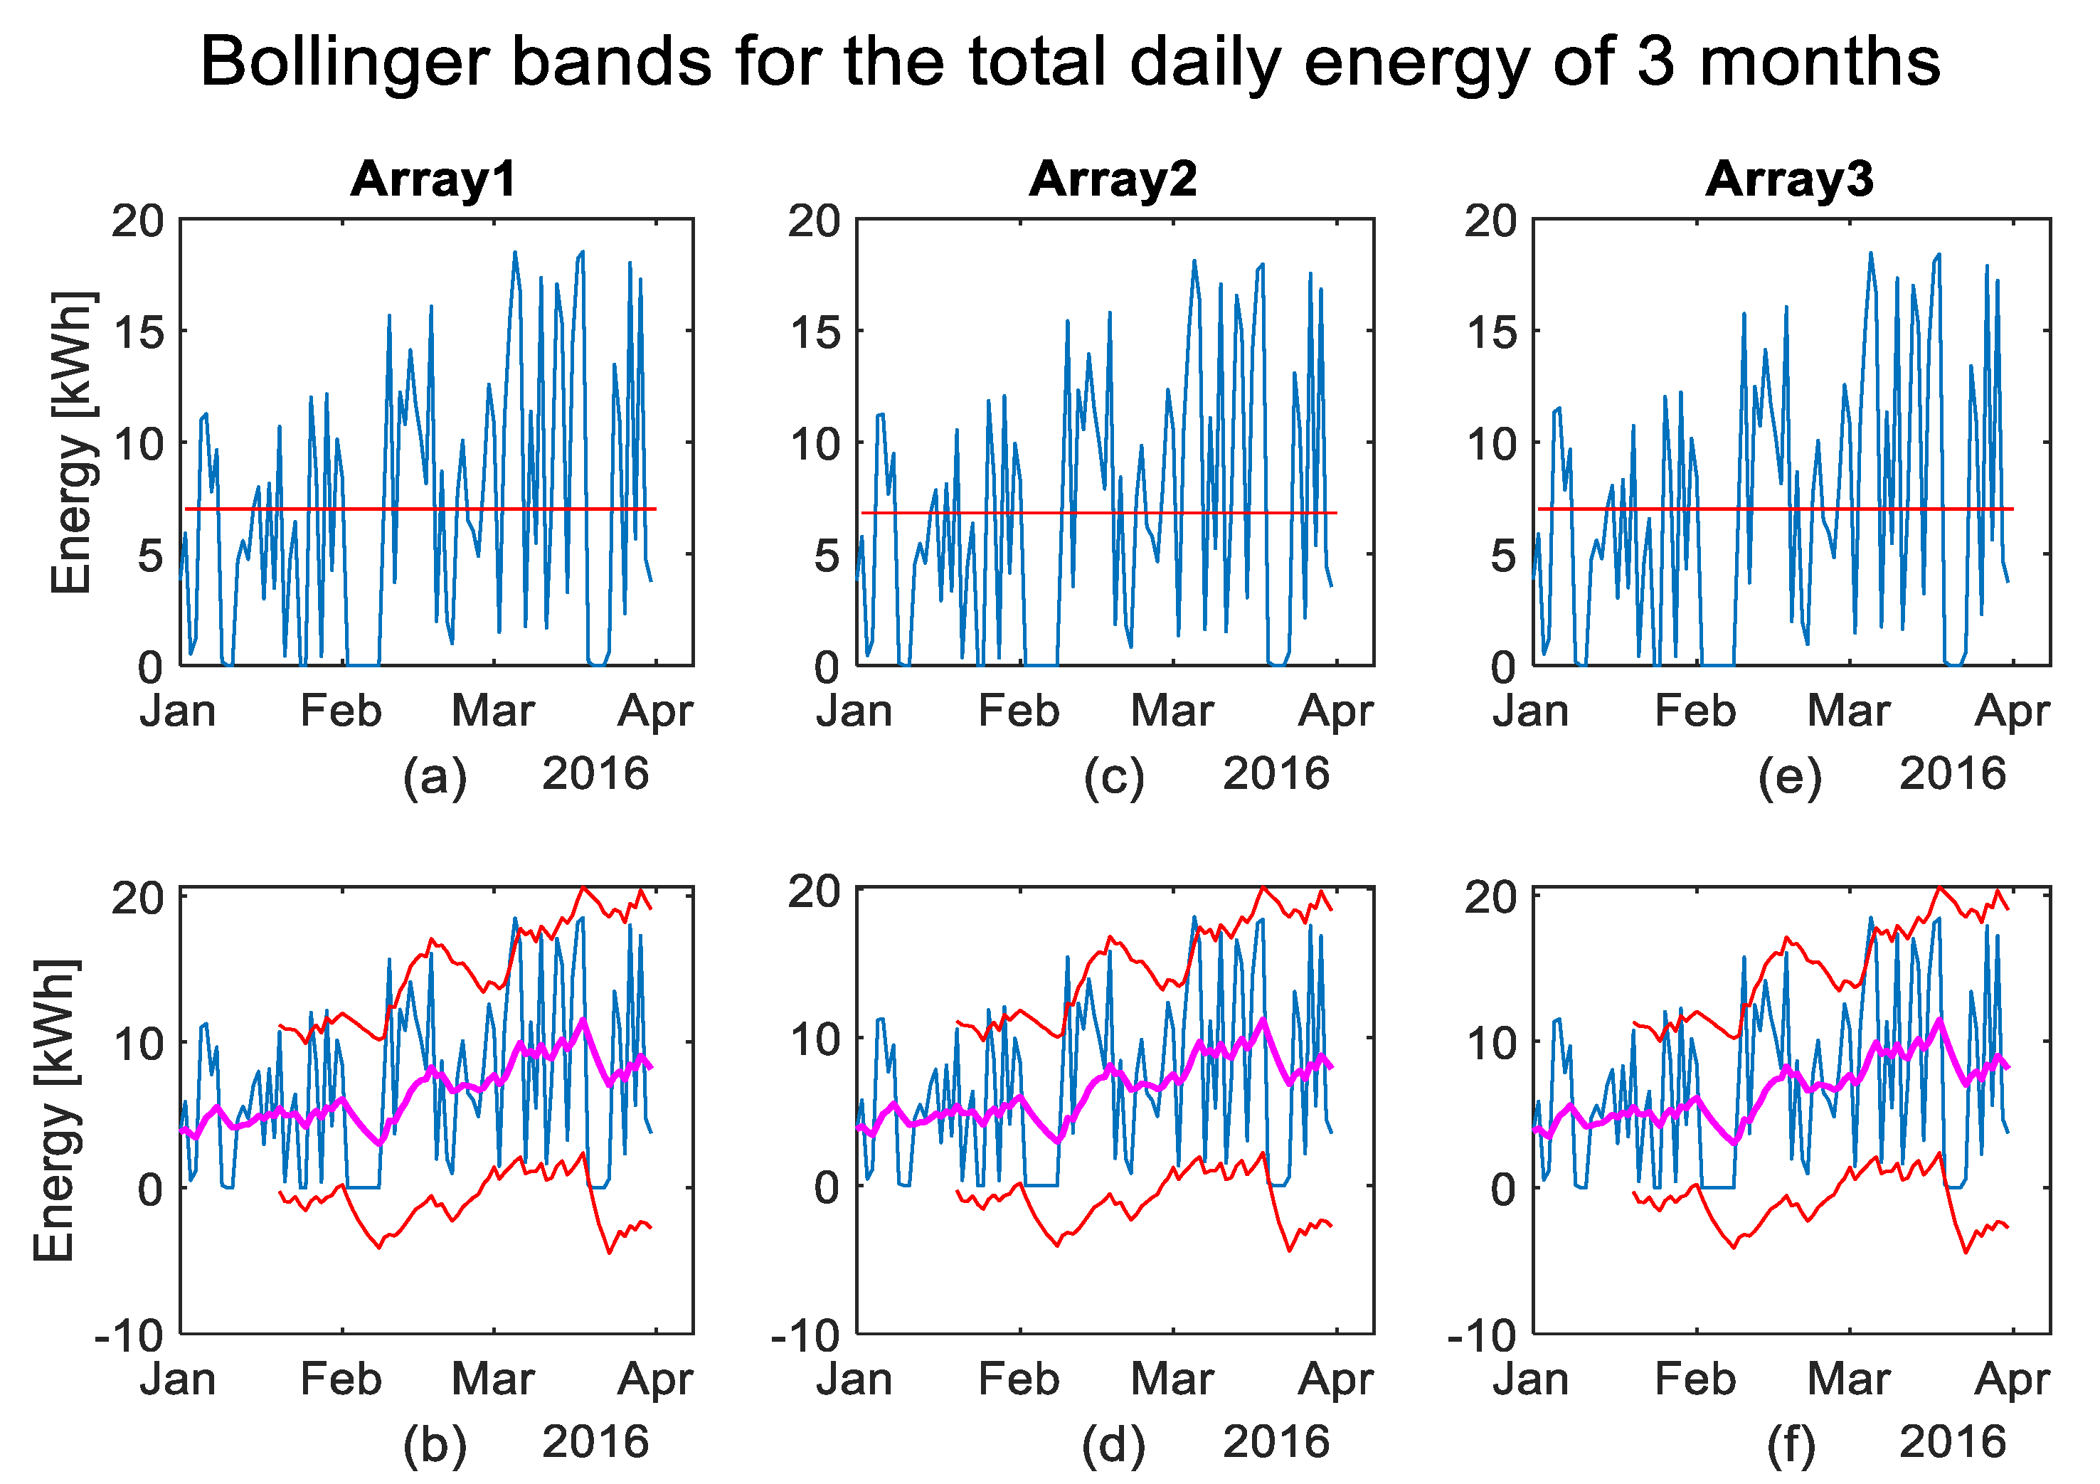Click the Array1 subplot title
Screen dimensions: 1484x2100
(x=433, y=179)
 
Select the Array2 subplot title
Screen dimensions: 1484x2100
(x=1113, y=179)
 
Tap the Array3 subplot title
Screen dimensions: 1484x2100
(x=1789, y=179)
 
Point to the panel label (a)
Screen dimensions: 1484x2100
(x=435, y=777)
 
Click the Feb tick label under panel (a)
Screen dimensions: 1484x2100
(x=341, y=711)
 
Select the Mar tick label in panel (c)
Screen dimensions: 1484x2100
(x=1172, y=711)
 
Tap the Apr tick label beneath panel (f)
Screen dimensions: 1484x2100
(x=2012, y=1379)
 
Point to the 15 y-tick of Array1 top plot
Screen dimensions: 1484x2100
(x=138, y=332)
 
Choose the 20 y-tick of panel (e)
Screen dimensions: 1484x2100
(x=1491, y=221)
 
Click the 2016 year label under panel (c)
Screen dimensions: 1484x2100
(x=1276, y=774)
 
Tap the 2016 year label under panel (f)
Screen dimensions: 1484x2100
(x=1953, y=1443)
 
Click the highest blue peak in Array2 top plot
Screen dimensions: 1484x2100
(x=1194, y=261)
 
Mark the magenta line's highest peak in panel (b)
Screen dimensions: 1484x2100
(x=583, y=1019)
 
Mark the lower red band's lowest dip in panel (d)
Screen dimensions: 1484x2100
(x=1290, y=1250)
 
